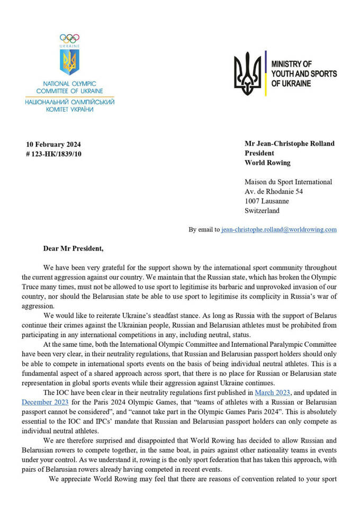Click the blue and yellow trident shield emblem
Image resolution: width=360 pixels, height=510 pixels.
[69, 62]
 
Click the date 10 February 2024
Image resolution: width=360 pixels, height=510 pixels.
[53, 145]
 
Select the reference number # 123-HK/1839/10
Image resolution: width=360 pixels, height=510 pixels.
[53, 154]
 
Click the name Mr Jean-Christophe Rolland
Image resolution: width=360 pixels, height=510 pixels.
[290, 144]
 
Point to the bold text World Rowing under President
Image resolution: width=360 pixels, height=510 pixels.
[267, 163]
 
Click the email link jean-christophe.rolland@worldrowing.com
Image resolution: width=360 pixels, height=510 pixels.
[279, 229]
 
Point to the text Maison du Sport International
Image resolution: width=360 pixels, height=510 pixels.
[289, 182]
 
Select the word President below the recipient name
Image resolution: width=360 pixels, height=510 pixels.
[260, 153]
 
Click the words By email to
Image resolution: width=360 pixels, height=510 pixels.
[204, 229]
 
